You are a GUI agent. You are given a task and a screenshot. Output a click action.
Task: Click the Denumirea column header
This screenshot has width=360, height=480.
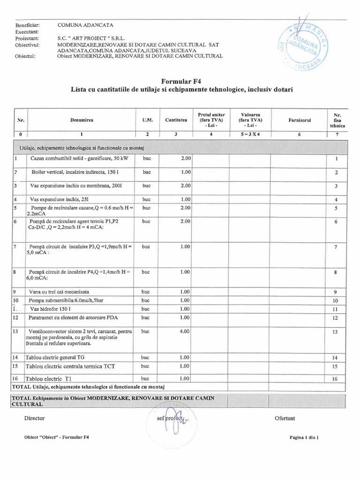[x=82, y=120]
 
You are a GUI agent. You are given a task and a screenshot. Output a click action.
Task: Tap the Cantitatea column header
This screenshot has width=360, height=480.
[x=176, y=120]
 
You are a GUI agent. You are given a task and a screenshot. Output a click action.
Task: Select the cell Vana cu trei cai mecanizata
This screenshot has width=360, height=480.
[x=59, y=292]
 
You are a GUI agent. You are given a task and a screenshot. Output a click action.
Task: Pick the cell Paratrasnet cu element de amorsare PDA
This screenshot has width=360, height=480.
[x=73, y=317]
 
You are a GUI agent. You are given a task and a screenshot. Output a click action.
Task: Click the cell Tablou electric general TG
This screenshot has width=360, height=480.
[x=55, y=357]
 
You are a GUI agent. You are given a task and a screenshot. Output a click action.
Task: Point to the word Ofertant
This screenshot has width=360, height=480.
[x=285, y=418]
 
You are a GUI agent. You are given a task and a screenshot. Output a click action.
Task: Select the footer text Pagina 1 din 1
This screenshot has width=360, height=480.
[x=305, y=437]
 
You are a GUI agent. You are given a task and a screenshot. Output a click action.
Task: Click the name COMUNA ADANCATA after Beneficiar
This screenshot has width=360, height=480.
[x=85, y=24]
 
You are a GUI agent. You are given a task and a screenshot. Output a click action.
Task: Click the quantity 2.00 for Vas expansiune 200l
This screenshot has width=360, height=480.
[x=185, y=186]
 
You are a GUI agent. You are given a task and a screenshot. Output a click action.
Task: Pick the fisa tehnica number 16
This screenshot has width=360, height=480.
[x=335, y=379]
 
